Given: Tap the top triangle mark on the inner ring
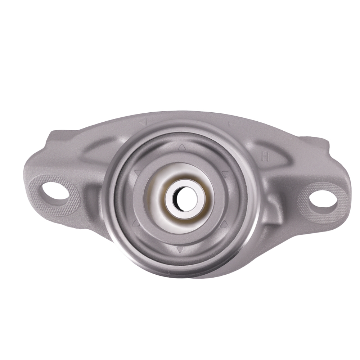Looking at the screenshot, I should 182,147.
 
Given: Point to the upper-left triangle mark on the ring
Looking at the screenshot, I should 137,173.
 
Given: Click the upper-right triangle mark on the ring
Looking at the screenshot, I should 225,175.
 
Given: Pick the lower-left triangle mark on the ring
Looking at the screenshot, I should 136,223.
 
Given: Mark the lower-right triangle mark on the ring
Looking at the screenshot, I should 224,224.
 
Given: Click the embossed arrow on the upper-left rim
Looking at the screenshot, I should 143,122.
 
